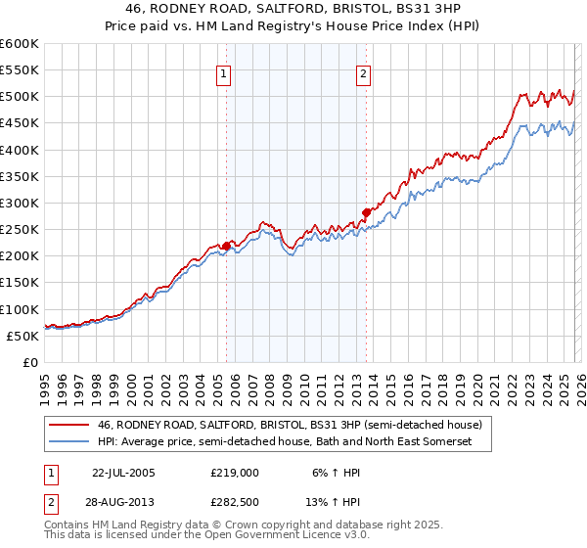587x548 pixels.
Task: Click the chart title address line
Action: point(293,9)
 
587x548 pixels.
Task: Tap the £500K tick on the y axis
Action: point(20,97)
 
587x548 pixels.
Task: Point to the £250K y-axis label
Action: point(20,230)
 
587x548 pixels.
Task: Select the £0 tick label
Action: point(29,362)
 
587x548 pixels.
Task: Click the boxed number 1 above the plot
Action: point(224,73)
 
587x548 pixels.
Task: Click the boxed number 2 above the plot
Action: point(364,73)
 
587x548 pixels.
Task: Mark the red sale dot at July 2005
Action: point(226,246)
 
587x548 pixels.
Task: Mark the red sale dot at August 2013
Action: point(366,212)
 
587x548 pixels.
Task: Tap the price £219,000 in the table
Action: point(234,472)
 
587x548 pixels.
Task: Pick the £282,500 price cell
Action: point(234,503)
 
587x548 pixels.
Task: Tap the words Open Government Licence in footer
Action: point(268,537)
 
